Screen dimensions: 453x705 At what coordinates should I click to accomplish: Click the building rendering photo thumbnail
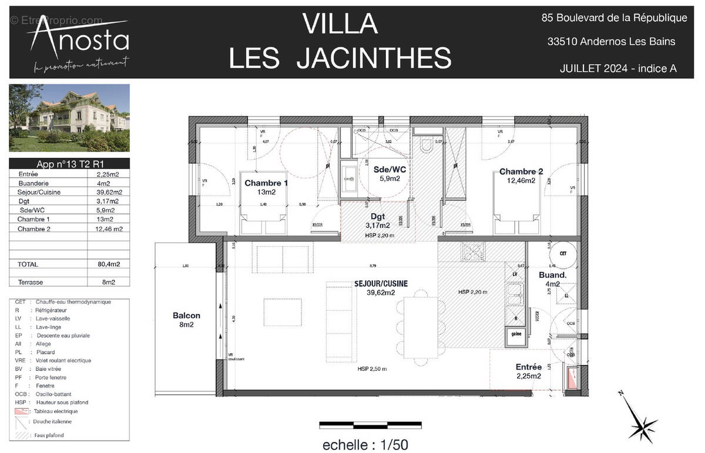(x=69, y=118)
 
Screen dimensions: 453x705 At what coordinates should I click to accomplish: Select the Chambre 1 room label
(x=266, y=187)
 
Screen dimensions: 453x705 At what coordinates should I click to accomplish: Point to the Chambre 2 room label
(x=521, y=176)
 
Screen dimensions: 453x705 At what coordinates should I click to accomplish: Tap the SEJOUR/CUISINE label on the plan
(x=381, y=287)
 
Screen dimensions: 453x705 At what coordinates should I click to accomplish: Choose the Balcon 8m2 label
(x=186, y=320)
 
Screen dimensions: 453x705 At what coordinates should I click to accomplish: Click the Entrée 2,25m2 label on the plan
(x=528, y=371)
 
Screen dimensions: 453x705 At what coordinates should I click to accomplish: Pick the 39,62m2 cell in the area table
(x=109, y=192)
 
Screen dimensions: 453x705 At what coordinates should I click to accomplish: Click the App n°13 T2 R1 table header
(x=69, y=164)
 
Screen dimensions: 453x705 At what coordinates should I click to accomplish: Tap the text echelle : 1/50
(x=365, y=445)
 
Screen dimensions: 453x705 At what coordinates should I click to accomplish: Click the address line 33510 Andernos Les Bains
(x=611, y=42)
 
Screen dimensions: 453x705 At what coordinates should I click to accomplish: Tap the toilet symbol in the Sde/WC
(x=426, y=145)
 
